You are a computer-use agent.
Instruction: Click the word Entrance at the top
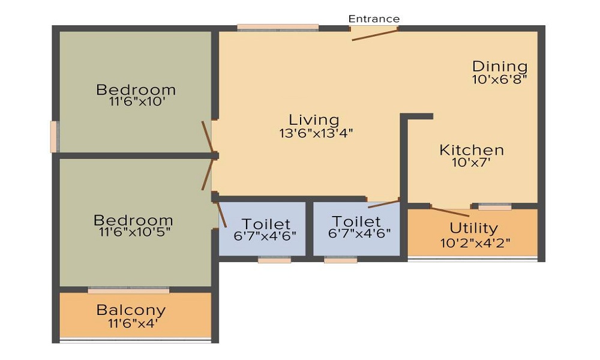point(374,19)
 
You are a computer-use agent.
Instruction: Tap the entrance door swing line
point(374,34)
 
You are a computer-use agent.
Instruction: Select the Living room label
point(314,119)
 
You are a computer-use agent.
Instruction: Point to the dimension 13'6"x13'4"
point(316,133)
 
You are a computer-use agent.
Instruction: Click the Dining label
point(500,66)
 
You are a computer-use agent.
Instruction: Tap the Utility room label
point(473,228)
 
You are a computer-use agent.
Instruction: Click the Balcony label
point(131,310)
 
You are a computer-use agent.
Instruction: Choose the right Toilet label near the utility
point(356,221)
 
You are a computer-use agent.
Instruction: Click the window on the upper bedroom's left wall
point(54,137)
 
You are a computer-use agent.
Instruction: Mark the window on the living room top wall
point(277,27)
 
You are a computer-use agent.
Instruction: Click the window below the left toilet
point(274,260)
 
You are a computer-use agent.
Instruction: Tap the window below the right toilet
point(340,260)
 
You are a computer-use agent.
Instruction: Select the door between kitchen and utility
point(450,211)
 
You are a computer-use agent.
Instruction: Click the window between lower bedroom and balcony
point(128,290)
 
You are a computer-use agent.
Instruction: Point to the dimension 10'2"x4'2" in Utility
point(473,243)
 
